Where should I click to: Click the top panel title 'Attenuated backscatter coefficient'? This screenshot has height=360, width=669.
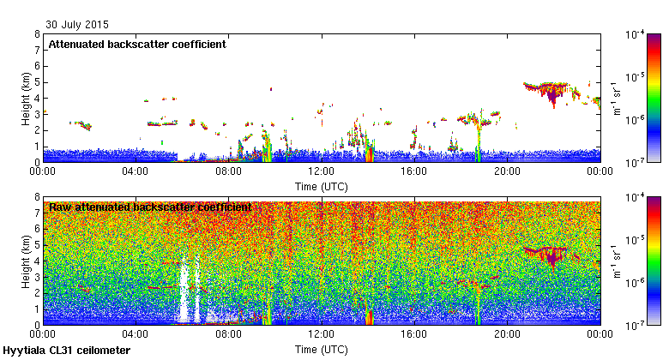pyautogui.click(x=137, y=44)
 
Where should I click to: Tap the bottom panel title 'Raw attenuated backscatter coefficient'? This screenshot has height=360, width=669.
pyautogui.click(x=150, y=207)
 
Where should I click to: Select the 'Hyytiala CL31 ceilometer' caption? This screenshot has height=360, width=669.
pyautogui.click(x=67, y=351)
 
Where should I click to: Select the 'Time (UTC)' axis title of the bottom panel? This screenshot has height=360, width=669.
pyautogui.click(x=322, y=349)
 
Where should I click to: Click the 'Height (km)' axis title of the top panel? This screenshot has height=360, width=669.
pyautogui.click(x=26, y=98)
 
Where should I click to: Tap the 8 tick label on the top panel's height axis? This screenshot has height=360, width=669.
pyautogui.click(x=36, y=34)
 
